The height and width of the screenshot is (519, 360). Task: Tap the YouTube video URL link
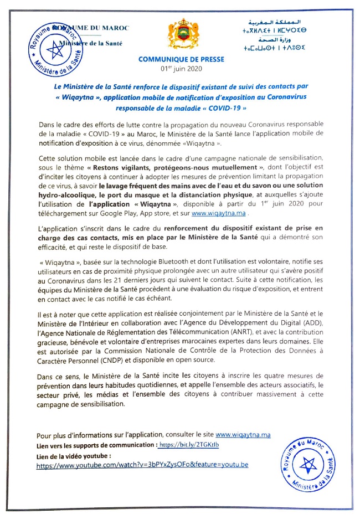click(142, 466)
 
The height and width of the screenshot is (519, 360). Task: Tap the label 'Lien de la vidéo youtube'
click(70, 456)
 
